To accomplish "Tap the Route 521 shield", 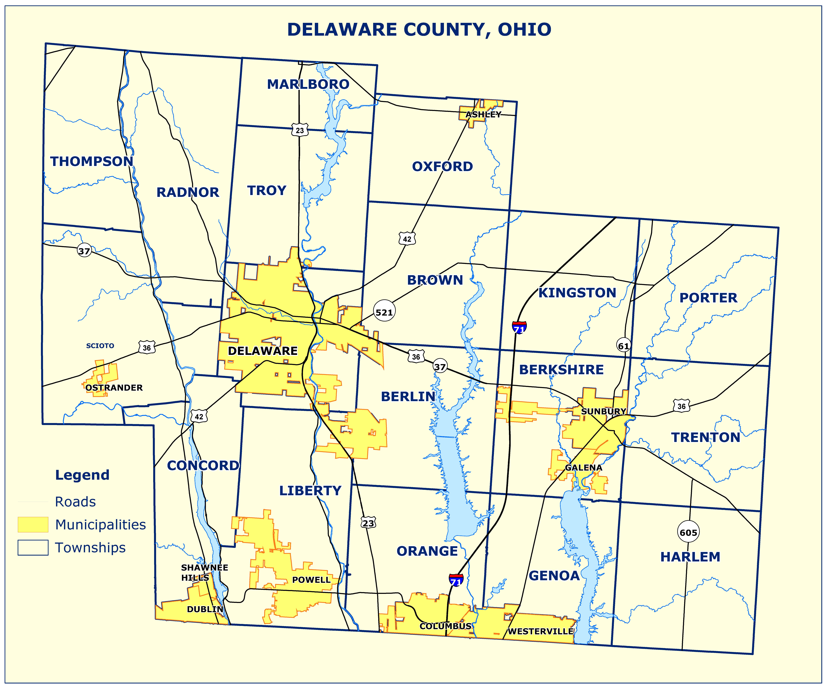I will tap(384, 312).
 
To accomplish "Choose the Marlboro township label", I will tap(308, 84).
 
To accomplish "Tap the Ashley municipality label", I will tap(483, 114).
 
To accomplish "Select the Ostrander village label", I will tap(114, 388).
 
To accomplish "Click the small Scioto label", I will tap(100, 346).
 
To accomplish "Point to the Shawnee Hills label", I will tap(204, 572).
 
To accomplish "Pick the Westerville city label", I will tap(540, 631).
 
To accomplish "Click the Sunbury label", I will tap(603, 411).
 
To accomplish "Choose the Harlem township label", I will tap(690, 557).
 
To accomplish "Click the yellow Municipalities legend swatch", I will tap(33, 524).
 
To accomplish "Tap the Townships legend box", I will tap(33, 548).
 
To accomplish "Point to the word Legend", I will tap(82, 475).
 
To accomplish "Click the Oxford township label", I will tap(442, 166).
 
